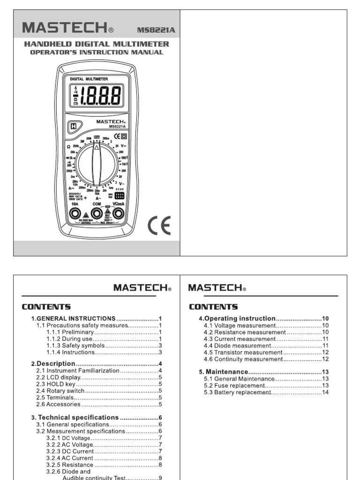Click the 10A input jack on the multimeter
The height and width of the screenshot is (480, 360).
tap(75, 214)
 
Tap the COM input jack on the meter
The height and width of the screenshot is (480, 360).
tap(97, 214)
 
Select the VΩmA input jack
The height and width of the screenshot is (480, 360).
tap(118, 214)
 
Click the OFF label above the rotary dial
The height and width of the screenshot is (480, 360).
tap(97, 137)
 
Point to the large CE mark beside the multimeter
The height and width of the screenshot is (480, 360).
tap(159, 225)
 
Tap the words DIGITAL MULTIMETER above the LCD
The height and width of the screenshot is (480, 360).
tap(89, 79)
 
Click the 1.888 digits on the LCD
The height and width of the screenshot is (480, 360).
tap(101, 97)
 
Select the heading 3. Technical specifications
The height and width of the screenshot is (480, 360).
tap(78, 417)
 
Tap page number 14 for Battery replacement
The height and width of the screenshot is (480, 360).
tap(325, 392)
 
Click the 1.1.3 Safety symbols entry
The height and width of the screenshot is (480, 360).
tap(71, 345)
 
